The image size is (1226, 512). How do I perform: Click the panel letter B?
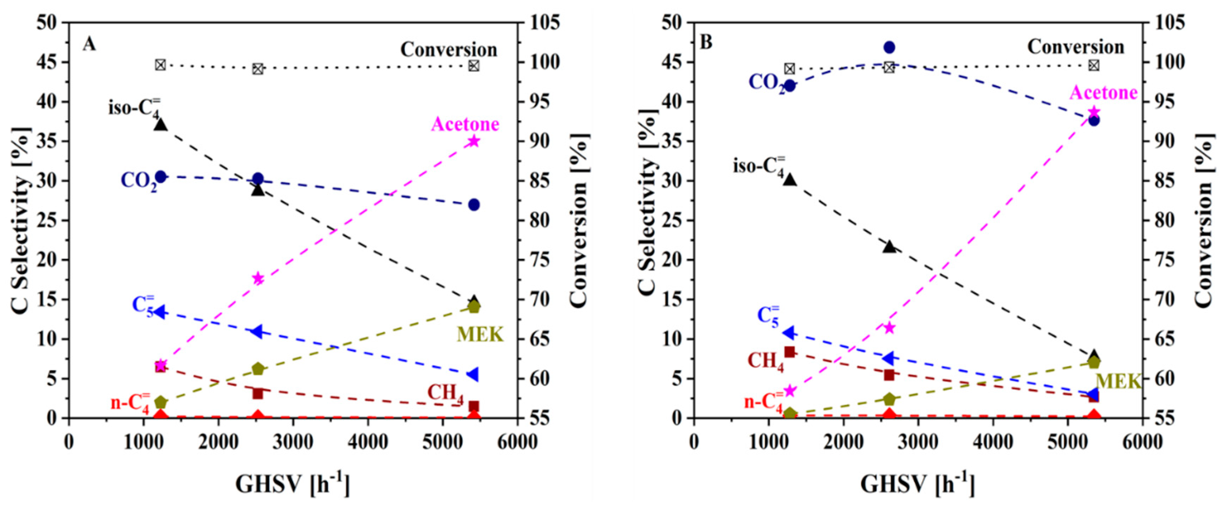[x=706, y=42]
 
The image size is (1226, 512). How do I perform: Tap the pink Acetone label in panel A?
[x=465, y=124]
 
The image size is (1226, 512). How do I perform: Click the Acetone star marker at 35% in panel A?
[x=473, y=141]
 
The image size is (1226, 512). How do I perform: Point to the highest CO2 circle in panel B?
[x=889, y=47]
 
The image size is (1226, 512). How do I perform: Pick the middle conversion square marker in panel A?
[x=258, y=69]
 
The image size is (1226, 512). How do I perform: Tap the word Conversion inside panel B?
[x=1075, y=47]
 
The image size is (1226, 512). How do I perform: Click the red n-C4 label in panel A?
[x=130, y=402]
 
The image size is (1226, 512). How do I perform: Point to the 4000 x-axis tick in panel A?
[x=367, y=442]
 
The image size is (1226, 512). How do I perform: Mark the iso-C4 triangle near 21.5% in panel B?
[x=889, y=247]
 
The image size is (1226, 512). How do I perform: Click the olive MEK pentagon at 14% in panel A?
[x=473, y=307]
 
